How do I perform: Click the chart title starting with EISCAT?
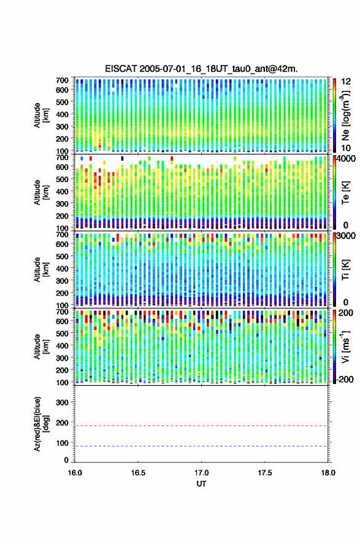[x=201, y=69]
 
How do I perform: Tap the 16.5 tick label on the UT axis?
[x=138, y=473]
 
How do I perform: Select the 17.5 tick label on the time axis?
[x=265, y=473]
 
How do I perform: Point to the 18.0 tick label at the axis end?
[x=328, y=473]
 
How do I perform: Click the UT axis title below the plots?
[x=202, y=484]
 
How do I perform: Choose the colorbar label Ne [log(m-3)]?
[x=345, y=115]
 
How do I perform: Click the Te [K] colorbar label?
[x=345, y=193]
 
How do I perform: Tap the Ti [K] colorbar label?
[x=345, y=270]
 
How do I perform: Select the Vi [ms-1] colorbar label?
[x=345, y=346]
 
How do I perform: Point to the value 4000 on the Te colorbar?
[x=345, y=159]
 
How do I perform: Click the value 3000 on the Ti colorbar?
[x=345, y=236]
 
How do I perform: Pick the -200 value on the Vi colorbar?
[x=343, y=379]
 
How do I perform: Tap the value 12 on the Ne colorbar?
[x=346, y=82]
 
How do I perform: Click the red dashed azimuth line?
[x=201, y=426]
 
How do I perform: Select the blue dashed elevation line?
[x=201, y=446]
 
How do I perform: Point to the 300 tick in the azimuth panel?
[x=62, y=402]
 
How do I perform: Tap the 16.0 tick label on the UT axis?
[x=75, y=473]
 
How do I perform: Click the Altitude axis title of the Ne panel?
[x=41, y=115]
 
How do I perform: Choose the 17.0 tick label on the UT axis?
[x=202, y=473]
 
